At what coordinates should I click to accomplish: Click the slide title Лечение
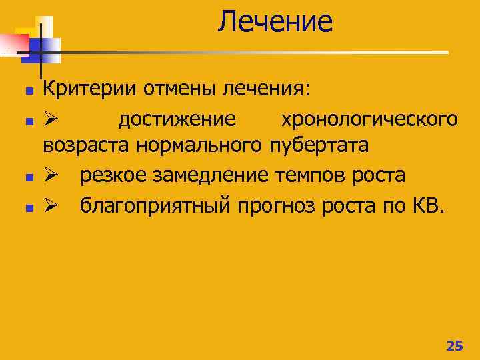[274, 21]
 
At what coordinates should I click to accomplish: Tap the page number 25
[454, 345]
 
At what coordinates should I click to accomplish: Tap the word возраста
[87, 145]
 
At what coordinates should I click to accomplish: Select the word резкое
[113, 175]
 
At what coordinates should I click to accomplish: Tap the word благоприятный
[155, 206]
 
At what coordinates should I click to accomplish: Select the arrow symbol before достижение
[52, 119]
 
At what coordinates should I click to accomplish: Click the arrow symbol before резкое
[52, 176]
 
